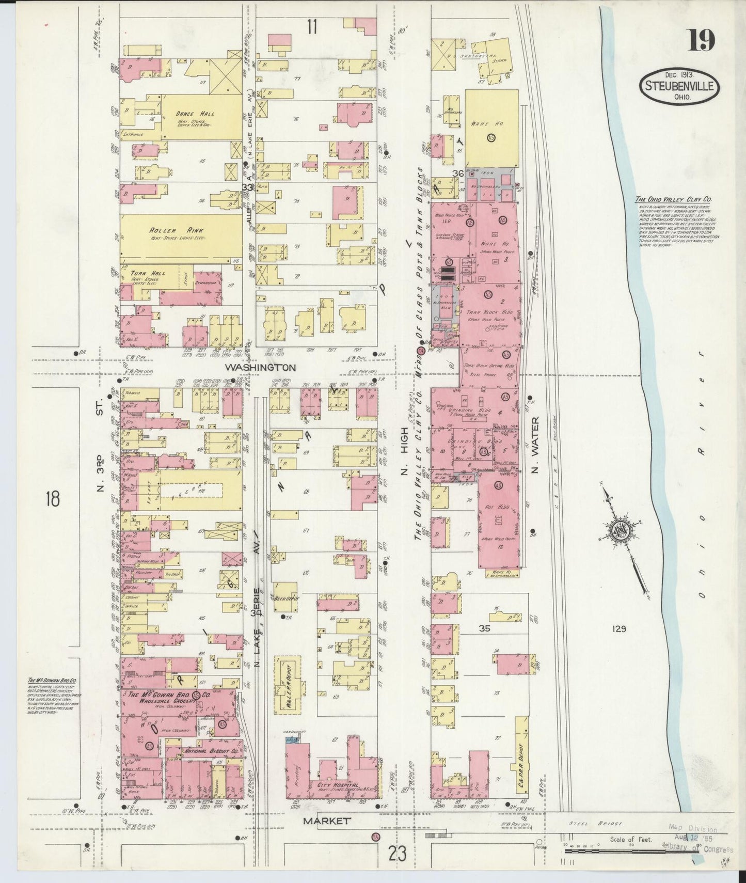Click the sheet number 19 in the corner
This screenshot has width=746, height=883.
tap(701, 40)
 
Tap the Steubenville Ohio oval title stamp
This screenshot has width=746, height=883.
tap(679, 86)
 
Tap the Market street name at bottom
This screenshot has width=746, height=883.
tap(327, 821)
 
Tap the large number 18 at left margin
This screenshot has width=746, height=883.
tap(52, 499)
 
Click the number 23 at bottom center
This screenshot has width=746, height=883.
tap(398, 854)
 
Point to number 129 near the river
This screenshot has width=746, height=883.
tap(618, 628)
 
